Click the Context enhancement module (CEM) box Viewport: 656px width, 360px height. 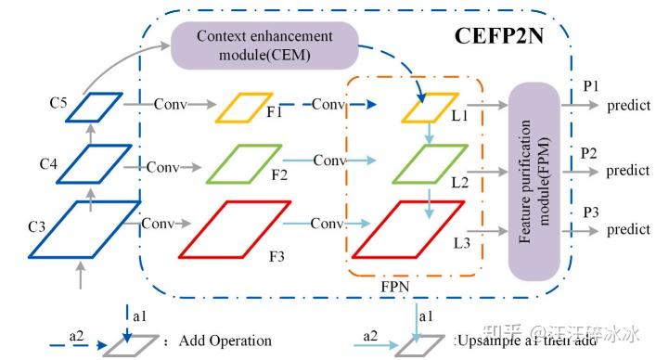click(x=264, y=44)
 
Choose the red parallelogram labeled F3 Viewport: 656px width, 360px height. click(x=227, y=227)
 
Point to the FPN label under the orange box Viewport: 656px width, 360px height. click(x=397, y=287)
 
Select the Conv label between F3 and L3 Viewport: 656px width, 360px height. click(x=328, y=225)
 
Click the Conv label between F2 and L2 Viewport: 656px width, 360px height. click(x=329, y=160)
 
